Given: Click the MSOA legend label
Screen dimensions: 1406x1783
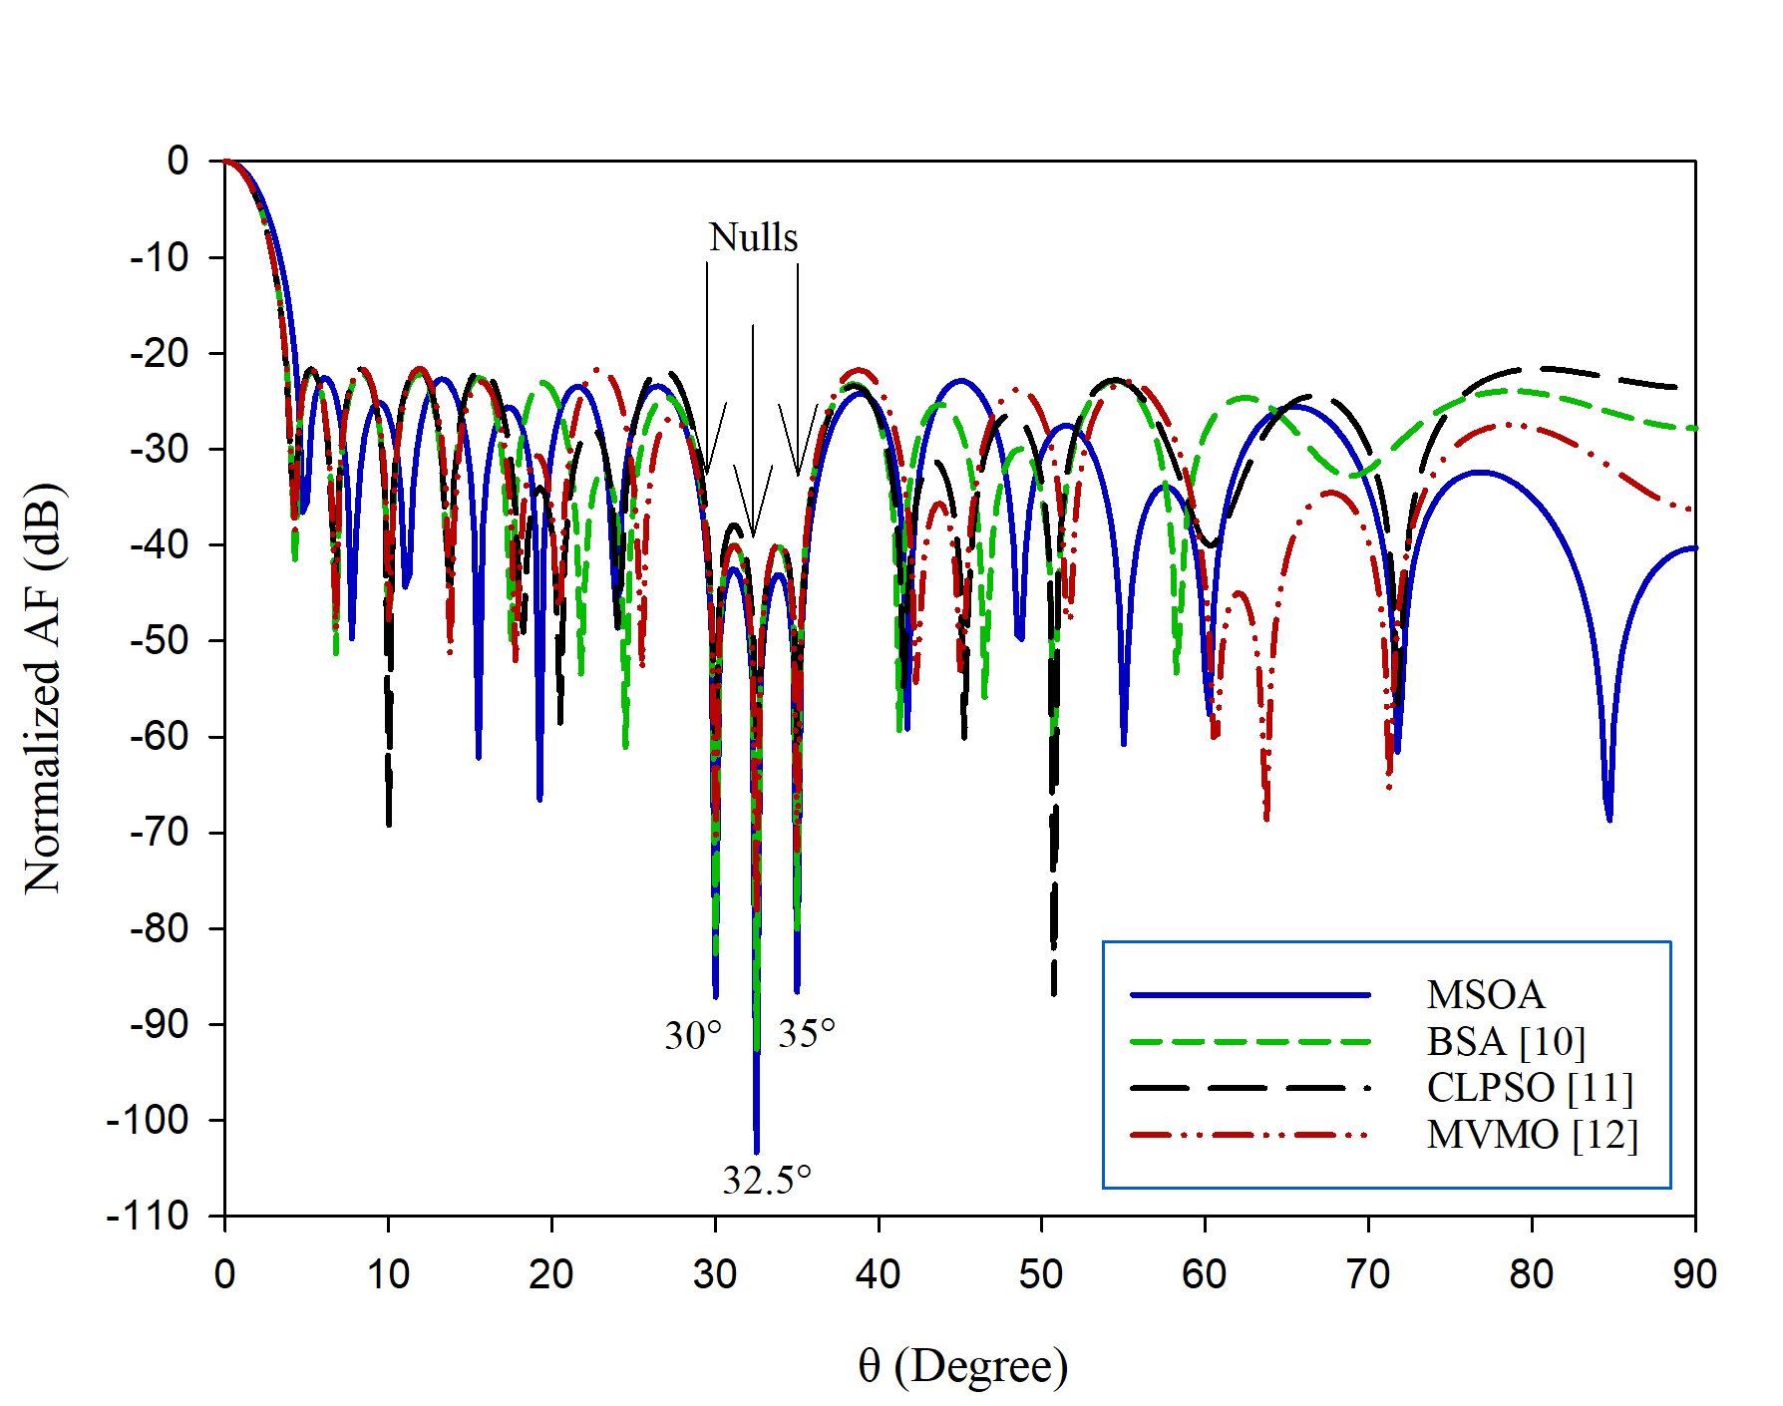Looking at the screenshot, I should pyautogui.click(x=1485, y=995).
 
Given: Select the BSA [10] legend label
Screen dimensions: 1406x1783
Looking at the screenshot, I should pyautogui.click(x=1506, y=1042).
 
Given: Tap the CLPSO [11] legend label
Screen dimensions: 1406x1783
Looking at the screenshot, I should pyautogui.click(x=1530, y=1088).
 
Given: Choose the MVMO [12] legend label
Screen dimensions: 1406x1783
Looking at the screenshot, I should pyautogui.click(x=1532, y=1135).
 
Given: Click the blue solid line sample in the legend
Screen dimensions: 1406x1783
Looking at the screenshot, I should pyautogui.click(x=1250, y=995).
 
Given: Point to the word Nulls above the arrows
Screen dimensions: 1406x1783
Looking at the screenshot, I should pyautogui.click(x=753, y=238).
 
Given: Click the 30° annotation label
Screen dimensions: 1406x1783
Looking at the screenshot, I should pyautogui.click(x=693, y=1036).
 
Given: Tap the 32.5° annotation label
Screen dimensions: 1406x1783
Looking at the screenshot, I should pyautogui.click(x=767, y=1181).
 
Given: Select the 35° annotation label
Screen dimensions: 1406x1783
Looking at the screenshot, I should pyautogui.click(x=807, y=1034).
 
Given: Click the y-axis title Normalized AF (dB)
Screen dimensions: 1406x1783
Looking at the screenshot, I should pyautogui.click(x=43, y=688).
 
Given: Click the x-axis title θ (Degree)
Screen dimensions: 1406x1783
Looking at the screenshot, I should pyautogui.click(x=962, y=1366).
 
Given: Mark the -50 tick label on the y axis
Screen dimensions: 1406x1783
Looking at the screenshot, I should pyautogui.click(x=159, y=640).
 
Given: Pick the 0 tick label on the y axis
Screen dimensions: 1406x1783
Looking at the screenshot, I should pyautogui.click(x=178, y=161).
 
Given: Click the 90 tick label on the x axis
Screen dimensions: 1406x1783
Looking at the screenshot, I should pyautogui.click(x=1694, y=1274).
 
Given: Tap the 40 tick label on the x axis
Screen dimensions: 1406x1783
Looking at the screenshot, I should pyautogui.click(x=878, y=1274).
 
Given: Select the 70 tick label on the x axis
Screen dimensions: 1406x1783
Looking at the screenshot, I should pyautogui.click(x=1368, y=1274).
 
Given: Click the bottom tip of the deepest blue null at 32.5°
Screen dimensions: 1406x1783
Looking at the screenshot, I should pyautogui.click(x=757, y=1152).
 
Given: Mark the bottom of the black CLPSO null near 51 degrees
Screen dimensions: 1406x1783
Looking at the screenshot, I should pyautogui.click(x=1053, y=993).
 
